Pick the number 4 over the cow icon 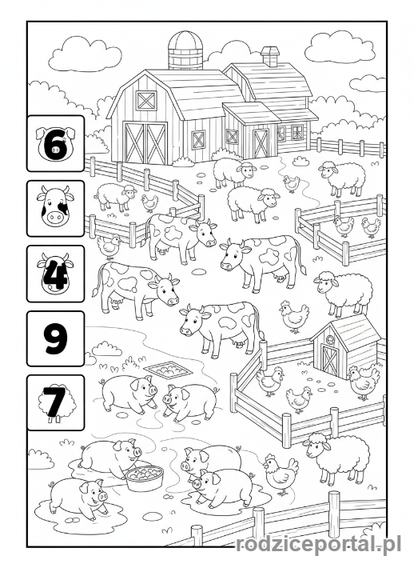tap(55, 274)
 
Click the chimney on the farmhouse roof tap(270, 57)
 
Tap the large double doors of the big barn tap(145, 142)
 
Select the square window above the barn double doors tap(146, 100)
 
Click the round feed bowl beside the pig tap(145, 478)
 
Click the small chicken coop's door tap(329, 359)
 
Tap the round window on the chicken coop tap(331, 338)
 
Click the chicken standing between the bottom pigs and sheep tap(280, 474)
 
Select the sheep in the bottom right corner tap(336, 458)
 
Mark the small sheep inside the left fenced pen tap(115, 197)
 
